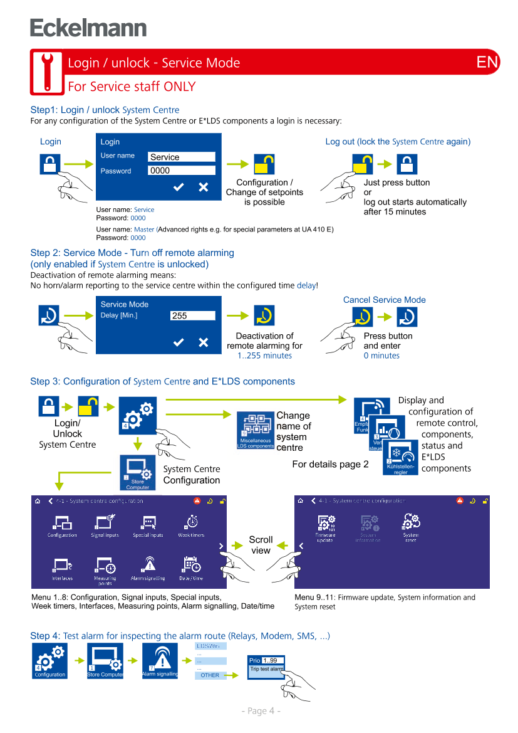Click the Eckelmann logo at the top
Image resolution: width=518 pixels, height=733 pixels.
88,28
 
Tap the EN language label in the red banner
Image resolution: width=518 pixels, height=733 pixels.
487,62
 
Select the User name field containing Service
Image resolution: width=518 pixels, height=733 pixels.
182,157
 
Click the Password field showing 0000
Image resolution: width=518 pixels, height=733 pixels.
182,171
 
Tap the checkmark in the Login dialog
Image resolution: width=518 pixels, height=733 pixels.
179,187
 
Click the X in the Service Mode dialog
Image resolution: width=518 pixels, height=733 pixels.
204,342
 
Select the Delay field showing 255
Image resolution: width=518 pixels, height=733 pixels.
193,316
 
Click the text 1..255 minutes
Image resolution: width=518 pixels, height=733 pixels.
264,356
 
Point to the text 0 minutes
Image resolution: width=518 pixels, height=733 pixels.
381,356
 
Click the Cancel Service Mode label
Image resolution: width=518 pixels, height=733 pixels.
384,300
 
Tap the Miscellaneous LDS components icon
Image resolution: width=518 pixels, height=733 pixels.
256,430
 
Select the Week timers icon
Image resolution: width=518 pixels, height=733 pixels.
191,525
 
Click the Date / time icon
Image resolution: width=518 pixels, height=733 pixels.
191,568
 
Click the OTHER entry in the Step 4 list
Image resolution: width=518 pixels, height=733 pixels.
210,675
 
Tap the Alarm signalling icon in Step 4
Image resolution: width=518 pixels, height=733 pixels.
160,661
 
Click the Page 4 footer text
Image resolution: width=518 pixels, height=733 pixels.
261,710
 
